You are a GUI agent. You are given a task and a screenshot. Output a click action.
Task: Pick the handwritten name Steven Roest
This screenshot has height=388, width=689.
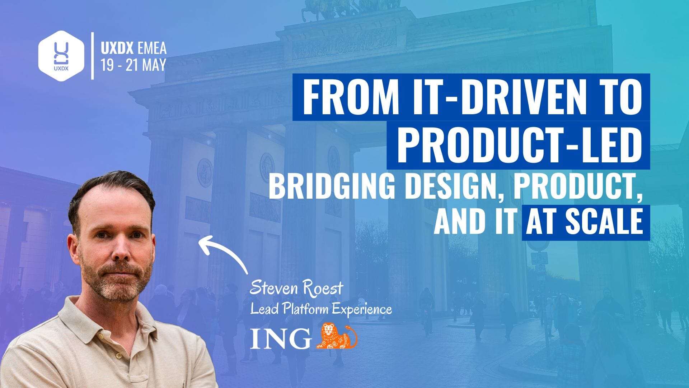tap(296, 289)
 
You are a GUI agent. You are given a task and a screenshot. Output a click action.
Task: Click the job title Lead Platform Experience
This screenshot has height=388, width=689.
tap(321, 309)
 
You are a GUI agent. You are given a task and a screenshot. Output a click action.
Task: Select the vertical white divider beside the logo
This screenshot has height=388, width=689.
tap(93, 55)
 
